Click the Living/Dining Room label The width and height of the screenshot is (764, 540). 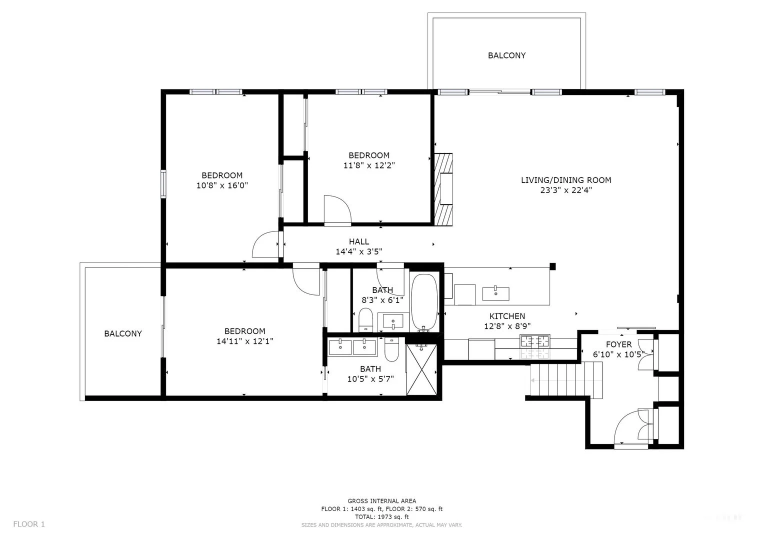[566, 180]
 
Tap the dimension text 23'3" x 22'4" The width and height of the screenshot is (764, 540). [566, 190]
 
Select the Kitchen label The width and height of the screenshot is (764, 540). [507, 316]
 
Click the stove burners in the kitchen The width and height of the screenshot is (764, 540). [534, 342]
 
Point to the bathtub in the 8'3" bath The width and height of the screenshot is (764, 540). [424, 302]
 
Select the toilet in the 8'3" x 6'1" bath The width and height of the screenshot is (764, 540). [366, 320]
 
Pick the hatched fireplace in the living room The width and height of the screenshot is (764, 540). [443, 188]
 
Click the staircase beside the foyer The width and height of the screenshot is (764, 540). [565, 381]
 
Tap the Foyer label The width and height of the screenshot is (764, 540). [618, 344]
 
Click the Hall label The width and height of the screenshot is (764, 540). [359, 242]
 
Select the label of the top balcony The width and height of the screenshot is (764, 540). [506, 55]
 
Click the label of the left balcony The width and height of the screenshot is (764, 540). [123, 333]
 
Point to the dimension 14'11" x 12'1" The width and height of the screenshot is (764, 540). [245, 341]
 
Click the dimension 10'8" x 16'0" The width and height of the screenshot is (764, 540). [222, 185]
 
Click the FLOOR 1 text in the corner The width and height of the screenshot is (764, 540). [29, 524]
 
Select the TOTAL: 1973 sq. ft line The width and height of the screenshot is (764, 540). [381, 516]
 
